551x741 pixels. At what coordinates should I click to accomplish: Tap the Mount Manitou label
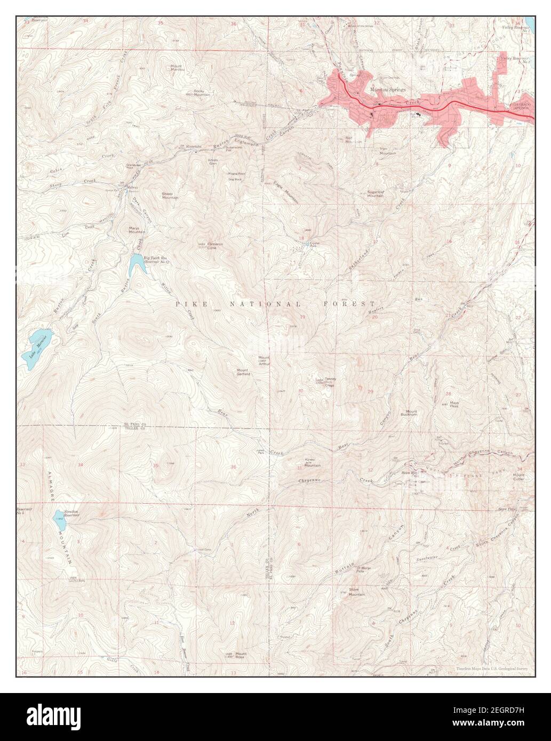pyautogui.click(x=177, y=68)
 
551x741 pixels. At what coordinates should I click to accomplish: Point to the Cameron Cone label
pyautogui.click(x=212, y=246)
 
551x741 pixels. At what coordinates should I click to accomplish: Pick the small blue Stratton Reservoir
pyautogui.click(x=58, y=516)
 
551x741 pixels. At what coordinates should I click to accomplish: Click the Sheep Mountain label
pyautogui.click(x=170, y=196)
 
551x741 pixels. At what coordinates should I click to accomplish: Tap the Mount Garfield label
pyautogui.click(x=244, y=372)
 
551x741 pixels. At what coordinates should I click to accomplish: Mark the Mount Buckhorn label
pyautogui.click(x=411, y=414)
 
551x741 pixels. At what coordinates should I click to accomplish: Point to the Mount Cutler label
pyautogui.click(x=518, y=477)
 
